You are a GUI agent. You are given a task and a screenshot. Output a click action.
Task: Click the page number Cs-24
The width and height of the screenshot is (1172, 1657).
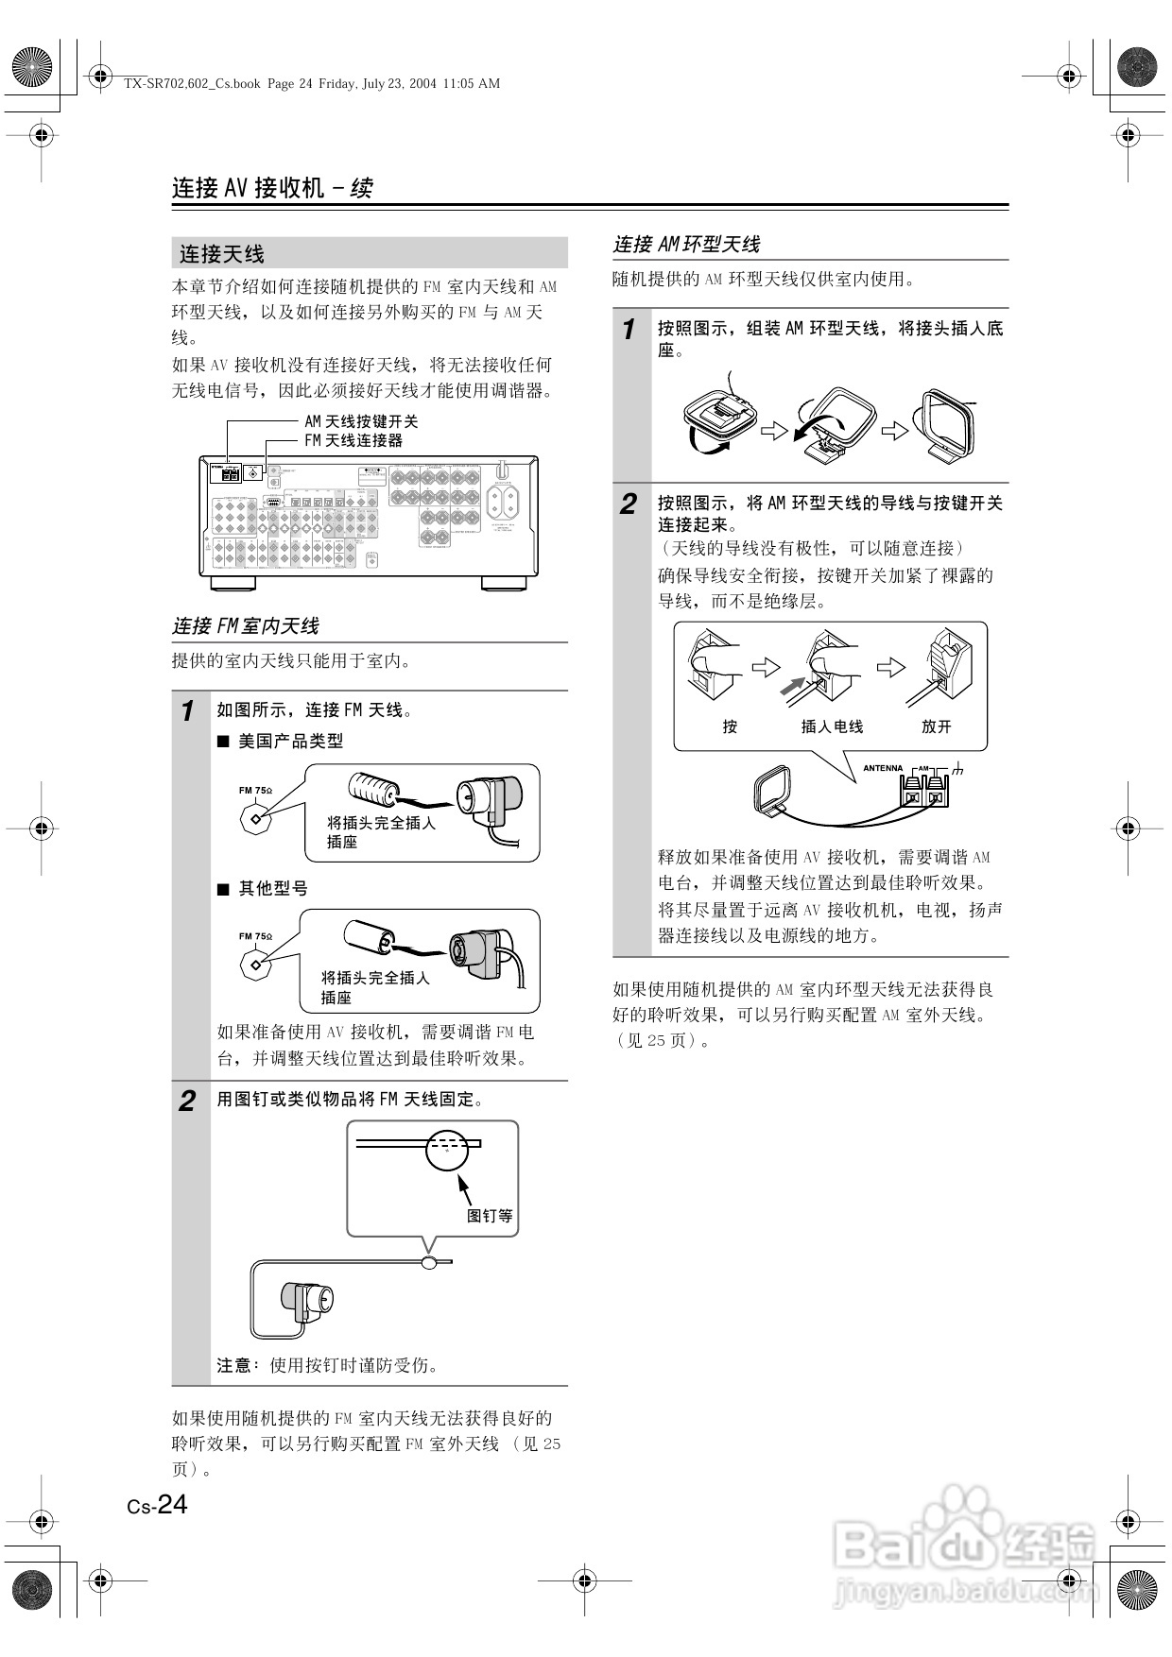point(158,1504)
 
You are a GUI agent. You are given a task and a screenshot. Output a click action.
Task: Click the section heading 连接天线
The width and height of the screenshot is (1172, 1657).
point(222,254)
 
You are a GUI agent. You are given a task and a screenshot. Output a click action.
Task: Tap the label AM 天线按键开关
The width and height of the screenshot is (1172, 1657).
point(361,421)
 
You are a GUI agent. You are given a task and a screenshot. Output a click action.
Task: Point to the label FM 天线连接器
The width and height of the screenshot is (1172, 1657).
point(353,440)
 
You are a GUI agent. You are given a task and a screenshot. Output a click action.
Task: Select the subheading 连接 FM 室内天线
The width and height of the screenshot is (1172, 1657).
point(245,626)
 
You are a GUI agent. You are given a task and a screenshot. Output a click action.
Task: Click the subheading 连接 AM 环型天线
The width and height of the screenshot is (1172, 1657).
point(686,245)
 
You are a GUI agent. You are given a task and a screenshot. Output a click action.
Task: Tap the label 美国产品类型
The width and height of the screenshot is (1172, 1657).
point(290,742)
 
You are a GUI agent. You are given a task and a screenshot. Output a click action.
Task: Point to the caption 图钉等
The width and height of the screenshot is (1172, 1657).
point(490,1216)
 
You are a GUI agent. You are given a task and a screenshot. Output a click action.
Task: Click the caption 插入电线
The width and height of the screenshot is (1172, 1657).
point(832,726)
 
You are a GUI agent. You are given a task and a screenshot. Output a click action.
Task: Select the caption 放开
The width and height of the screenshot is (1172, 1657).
point(936,726)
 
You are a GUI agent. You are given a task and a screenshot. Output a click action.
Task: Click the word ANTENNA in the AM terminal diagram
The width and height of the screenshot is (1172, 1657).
point(883,768)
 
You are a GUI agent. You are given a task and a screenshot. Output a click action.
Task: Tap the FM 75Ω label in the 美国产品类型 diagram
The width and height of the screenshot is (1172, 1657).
point(255,791)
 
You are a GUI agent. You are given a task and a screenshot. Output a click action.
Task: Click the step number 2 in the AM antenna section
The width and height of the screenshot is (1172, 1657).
point(629,504)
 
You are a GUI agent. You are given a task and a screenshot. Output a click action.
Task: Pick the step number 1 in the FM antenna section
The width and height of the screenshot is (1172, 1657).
point(187,710)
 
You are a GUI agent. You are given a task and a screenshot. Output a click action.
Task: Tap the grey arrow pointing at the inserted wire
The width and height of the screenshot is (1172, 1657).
point(791,687)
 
